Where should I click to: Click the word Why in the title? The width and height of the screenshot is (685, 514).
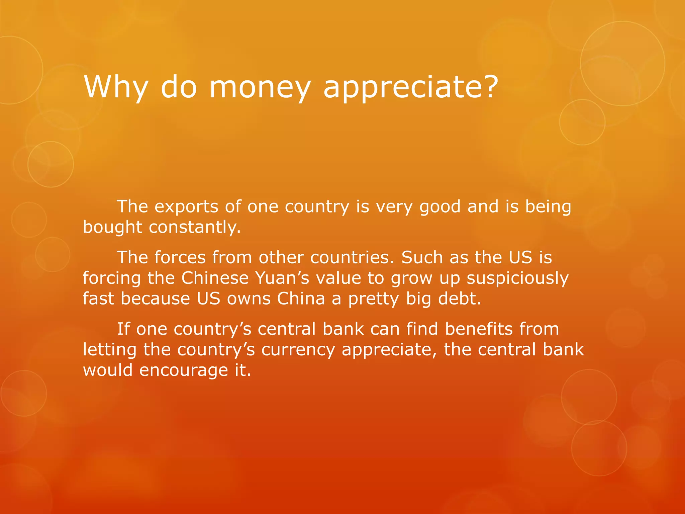click(116, 87)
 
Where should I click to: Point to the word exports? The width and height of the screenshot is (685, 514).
click(186, 206)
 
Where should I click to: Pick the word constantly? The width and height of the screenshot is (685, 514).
click(195, 227)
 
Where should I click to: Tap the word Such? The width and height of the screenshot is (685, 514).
click(421, 257)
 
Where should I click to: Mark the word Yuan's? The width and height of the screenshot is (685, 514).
click(283, 278)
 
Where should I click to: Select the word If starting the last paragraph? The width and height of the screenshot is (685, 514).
click(123, 329)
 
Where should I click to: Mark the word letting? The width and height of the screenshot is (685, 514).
click(110, 350)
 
